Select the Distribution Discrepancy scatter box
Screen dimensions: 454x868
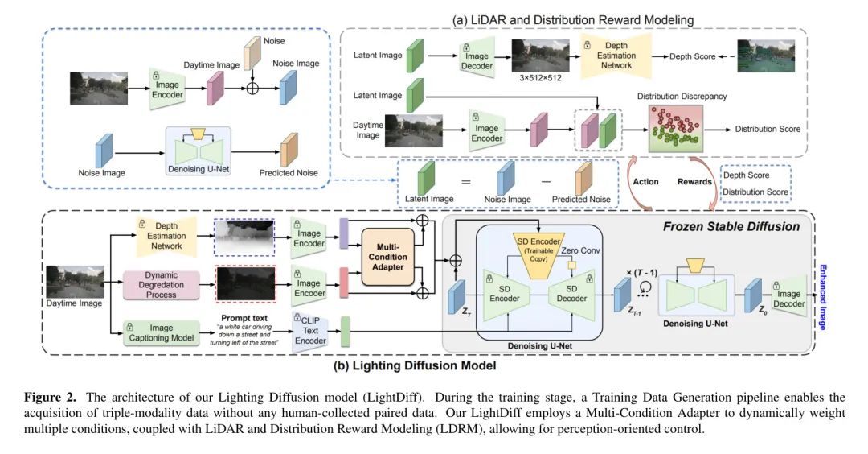tap(681, 129)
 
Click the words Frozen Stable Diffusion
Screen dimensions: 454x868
tap(731, 227)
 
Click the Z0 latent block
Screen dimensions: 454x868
tap(753, 296)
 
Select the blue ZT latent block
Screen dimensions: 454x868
tap(457, 296)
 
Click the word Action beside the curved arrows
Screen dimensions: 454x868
tap(645, 181)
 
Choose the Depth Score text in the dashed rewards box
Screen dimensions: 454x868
tap(747, 175)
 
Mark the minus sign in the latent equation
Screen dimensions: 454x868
tap(547, 182)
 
